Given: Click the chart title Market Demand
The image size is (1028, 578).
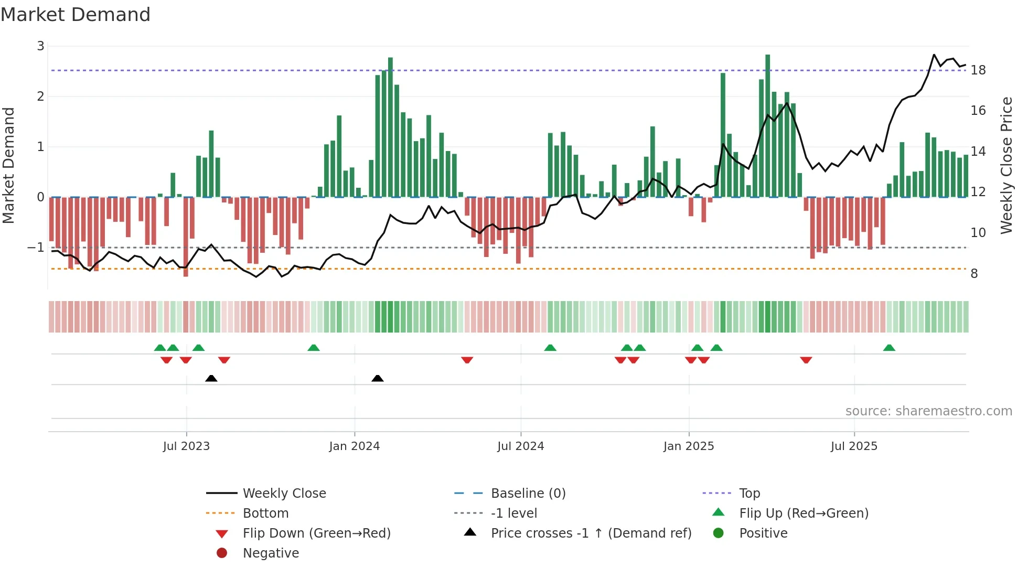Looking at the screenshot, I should click(76, 15).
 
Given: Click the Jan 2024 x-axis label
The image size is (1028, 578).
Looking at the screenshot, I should click(354, 446).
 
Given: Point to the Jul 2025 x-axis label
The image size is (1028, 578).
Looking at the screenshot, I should click(853, 446).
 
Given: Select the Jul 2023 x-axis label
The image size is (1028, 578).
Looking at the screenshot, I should click(186, 446).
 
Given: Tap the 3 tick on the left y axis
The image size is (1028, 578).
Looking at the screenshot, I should click(40, 46).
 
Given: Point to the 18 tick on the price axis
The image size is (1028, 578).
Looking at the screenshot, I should click(978, 70).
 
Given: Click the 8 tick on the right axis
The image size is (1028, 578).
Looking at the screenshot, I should click(974, 274).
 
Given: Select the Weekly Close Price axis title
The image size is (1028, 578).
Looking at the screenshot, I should click(1006, 165).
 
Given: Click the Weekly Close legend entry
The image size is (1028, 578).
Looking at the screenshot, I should click(284, 494).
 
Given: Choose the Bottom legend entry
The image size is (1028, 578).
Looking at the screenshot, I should click(265, 513).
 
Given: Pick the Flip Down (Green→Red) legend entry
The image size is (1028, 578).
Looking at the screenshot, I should click(316, 533).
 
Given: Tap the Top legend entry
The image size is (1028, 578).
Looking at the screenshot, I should click(749, 494).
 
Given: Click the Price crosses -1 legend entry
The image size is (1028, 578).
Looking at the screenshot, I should click(591, 533).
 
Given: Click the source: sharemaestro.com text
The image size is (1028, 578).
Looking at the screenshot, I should click(928, 411).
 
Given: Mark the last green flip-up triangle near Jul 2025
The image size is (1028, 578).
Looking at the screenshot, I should click(889, 348).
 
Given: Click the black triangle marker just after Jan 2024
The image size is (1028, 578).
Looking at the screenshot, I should click(378, 378).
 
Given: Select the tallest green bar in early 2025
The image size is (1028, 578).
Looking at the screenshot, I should click(767, 126).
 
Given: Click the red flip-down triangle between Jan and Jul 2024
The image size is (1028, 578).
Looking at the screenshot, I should click(467, 360).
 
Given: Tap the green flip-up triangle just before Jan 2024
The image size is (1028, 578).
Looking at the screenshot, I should click(314, 348).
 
